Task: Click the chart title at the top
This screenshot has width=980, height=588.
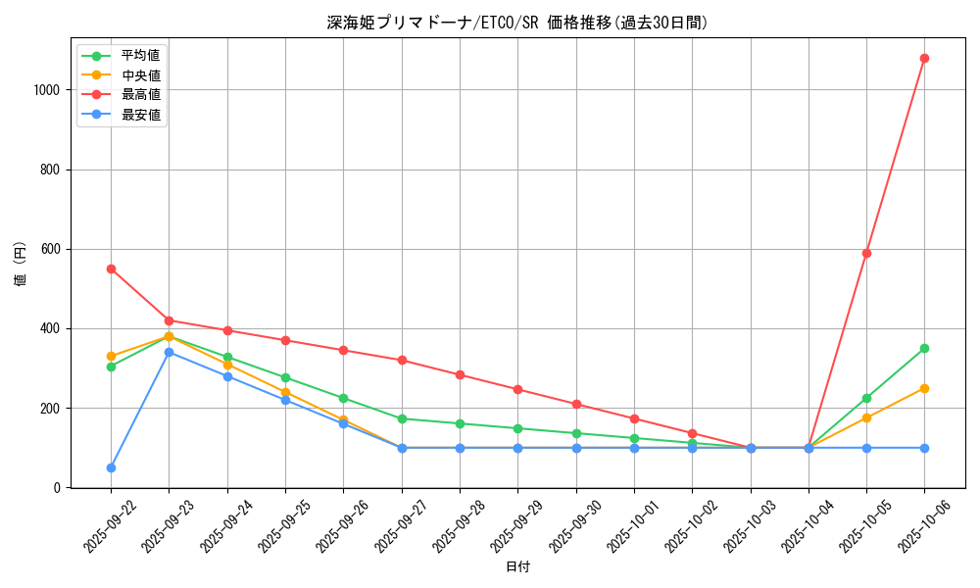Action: pyautogui.click(x=516, y=23)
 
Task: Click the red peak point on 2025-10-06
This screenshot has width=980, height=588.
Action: pyautogui.click(x=924, y=58)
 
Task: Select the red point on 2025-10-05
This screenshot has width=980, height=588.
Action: pyautogui.click(x=866, y=253)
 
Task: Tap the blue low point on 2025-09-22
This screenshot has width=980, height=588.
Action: pyautogui.click(x=111, y=467)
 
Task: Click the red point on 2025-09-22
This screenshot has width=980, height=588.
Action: pyautogui.click(x=111, y=269)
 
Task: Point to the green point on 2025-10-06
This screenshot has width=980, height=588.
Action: pyautogui.click(x=924, y=348)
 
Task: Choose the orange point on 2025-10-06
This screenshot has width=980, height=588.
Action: pyautogui.click(x=924, y=388)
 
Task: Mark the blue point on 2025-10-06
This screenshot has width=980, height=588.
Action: pyautogui.click(x=924, y=448)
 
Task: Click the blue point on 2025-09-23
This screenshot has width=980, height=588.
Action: pyautogui.click(x=169, y=352)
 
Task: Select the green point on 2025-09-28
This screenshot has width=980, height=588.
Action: pyautogui.click(x=460, y=423)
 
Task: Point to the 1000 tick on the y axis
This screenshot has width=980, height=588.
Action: pyautogui.click(x=47, y=90)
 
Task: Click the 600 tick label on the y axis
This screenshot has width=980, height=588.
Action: pyautogui.click(x=50, y=249)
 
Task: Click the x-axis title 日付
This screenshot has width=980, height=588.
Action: pyautogui.click(x=517, y=567)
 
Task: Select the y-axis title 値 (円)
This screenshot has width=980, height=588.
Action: pyautogui.click(x=20, y=265)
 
